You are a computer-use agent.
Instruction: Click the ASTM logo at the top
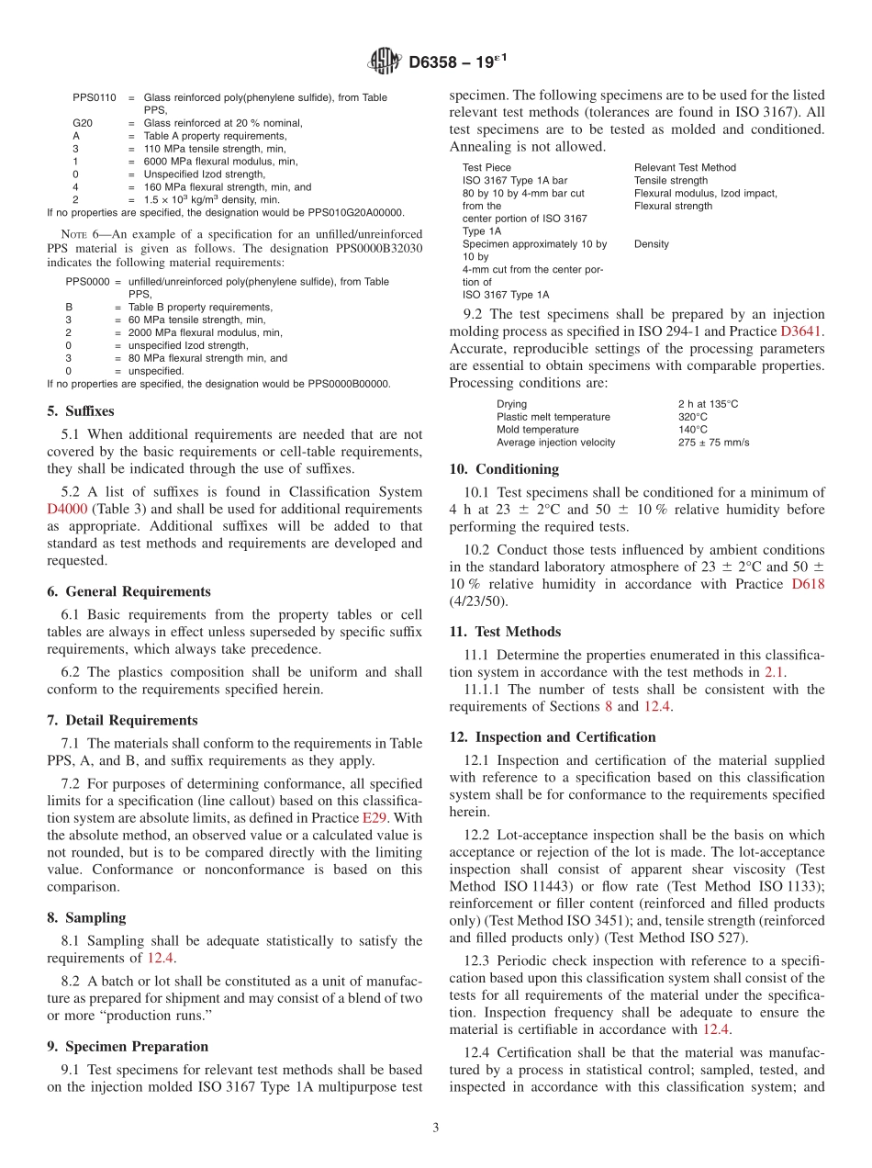tap(385, 62)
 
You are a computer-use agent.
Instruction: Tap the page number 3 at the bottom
tap(436, 1128)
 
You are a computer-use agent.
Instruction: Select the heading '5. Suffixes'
tap(81, 411)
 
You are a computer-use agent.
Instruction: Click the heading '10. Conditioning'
tap(504, 469)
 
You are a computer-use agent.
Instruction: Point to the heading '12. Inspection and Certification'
tap(552, 737)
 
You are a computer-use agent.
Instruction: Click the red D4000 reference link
tap(66, 509)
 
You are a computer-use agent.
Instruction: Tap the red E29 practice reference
tap(375, 817)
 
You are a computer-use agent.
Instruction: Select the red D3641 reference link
tap(801, 331)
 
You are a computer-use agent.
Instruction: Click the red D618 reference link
tap(807, 584)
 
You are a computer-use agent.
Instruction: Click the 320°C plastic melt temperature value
tap(693, 417)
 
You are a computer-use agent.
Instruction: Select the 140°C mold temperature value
tap(693, 430)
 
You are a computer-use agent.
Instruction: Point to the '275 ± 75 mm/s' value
tap(713, 443)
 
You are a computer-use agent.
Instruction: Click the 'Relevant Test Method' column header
tap(685, 168)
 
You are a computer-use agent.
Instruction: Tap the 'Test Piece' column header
tap(486, 168)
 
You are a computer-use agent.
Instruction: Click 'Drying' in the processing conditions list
tap(511, 404)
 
